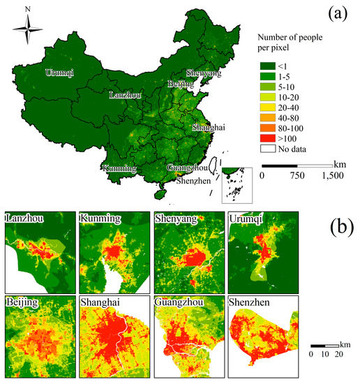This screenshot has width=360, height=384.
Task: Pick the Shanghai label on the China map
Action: pyautogui.click(x=209, y=128)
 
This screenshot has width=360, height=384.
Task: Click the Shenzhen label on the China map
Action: pyautogui.click(x=193, y=181)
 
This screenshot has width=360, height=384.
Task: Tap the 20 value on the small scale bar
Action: pyautogui.click(x=340, y=354)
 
